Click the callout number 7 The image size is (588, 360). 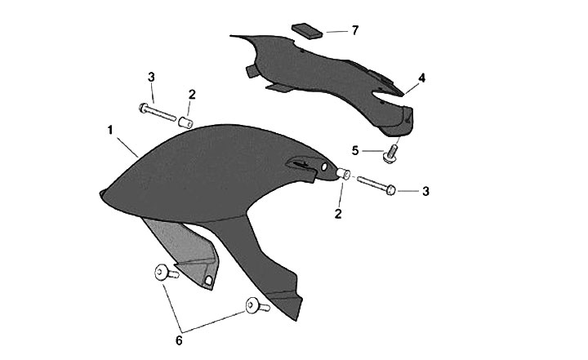click(354, 30)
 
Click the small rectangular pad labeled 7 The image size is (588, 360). click(307, 31)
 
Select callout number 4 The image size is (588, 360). click(422, 78)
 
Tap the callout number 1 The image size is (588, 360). click(110, 131)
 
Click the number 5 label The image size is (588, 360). click(355, 151)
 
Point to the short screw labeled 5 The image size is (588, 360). click(391, 154)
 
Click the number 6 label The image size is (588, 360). click(179, 341)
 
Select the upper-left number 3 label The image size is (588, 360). click(151, 78)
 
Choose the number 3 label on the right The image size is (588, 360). click(425, 191)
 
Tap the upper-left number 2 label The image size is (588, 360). click(192, 95)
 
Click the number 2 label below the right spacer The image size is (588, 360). click(338, 214)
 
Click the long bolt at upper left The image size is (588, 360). click(158, 112)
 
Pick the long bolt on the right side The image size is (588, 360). click(376, 184)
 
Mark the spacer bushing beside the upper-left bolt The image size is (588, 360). click(185, 122)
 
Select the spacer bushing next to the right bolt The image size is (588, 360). click(343, 174)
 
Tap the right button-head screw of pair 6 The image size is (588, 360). click(257, 305)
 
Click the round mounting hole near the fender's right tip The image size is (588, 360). click(324, 167)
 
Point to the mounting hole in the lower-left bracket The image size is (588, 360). click(208, 280)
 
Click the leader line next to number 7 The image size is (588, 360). click(337, 32)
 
